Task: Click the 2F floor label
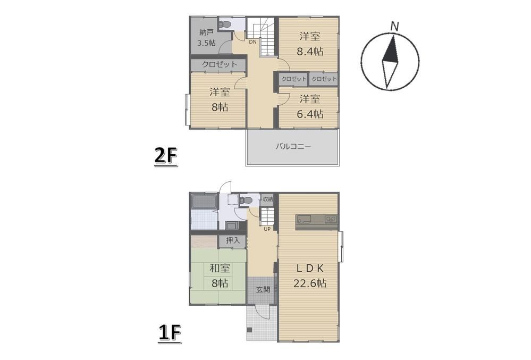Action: click(166, 156)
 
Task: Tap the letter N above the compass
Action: click(394, 27)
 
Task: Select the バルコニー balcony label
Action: click(293, 147)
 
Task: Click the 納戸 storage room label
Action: click(207, 32)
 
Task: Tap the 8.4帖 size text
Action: click(310, 52)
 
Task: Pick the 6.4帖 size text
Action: click(310, 114)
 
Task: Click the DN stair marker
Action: click(252, 42)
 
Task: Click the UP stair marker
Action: click(267, 229)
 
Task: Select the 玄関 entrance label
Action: click(263, 290)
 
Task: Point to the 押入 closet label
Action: click(233, 240)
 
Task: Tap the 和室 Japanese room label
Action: click(220, 268)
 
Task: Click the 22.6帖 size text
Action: click(310, 283)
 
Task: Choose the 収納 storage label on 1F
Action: click(267, 199)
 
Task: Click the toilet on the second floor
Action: click(225, 24)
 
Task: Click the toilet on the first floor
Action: click(246, 200)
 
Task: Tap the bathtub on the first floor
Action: click(204, 202)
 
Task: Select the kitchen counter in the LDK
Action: click(317, 222)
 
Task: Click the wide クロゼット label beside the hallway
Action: click(220, 64)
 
